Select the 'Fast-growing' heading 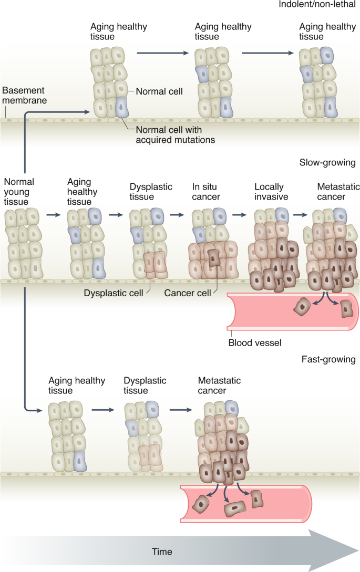click(328, 360)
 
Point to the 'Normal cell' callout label click(159, 91)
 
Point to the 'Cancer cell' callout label click(187, 293)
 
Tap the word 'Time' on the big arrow click(162, 552)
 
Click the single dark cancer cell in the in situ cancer click(214, 258)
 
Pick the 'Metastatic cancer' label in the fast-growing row click(212, 386)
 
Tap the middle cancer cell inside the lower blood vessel click(234, 509)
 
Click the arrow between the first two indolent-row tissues click(162, 53)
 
